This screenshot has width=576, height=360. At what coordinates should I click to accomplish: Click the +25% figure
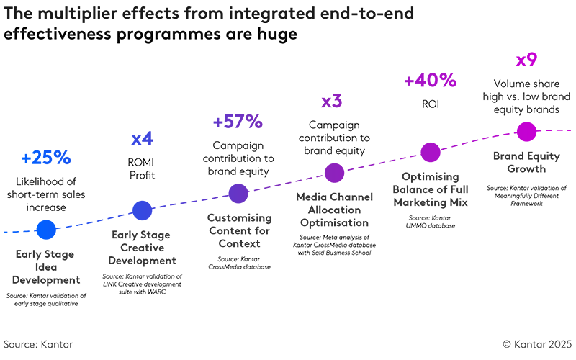pos(46,158)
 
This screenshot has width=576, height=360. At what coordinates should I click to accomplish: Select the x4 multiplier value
pos(142,138)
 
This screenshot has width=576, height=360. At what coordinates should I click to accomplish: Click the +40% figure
pos(430,80)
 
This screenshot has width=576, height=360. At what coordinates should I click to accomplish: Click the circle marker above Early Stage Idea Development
pos(45,229)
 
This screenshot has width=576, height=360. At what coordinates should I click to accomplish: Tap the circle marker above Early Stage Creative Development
pos(143,210)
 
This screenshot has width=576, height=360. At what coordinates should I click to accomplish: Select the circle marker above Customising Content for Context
pos(238,192)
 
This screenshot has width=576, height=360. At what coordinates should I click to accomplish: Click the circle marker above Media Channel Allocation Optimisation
pos(334,173)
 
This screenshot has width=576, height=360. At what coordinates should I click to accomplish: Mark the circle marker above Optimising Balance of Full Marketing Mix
pos(430,152)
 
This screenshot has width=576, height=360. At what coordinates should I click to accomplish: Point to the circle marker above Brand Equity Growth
pos(526,132)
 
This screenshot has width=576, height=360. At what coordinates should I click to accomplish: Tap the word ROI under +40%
pos(430,104)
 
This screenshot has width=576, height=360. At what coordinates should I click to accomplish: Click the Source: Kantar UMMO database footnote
pos(430,222)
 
